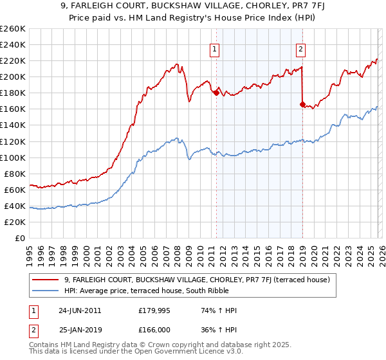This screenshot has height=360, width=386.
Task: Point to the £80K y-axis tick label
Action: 14,174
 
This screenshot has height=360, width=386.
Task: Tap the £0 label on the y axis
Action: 20,238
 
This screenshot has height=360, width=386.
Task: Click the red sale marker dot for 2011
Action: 216,93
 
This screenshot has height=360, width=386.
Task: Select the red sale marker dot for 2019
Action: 302,104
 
